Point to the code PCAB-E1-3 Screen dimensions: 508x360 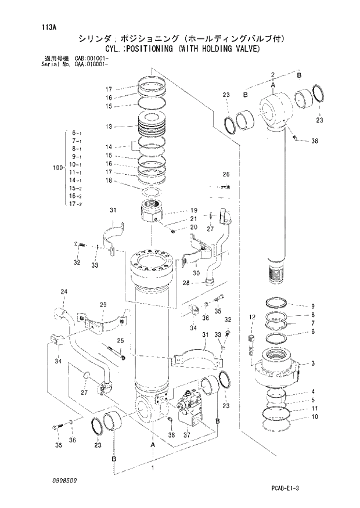coord(285,488)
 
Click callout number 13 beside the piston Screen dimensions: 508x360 coord(109,126)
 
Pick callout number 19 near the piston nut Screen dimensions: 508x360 coord(195,210)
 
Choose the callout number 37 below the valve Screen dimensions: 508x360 coord(186,435)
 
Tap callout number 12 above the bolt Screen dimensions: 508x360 coord(251,316)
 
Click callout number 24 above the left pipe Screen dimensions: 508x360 coord(64,291)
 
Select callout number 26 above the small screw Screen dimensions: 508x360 coord(226,174)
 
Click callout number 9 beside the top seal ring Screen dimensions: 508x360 coord(312,306)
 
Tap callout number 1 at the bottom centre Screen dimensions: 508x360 coord(153,467)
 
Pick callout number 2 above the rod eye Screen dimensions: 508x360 coord(272,74)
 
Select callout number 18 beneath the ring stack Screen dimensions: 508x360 coord(109,181)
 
